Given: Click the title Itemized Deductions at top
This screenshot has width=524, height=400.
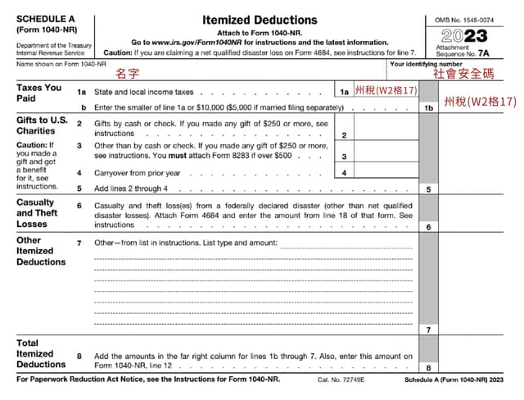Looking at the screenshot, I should coord(259,19).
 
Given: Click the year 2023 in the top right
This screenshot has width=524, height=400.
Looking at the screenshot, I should coord(463,35).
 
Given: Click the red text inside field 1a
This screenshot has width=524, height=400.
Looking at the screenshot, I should coord(386,90).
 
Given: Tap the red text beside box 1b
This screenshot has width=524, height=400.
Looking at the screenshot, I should coord(480,102).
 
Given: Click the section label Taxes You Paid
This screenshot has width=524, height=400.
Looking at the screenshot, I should coord(38,92).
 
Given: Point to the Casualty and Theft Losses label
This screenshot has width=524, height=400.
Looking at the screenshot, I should coord(37,212).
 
